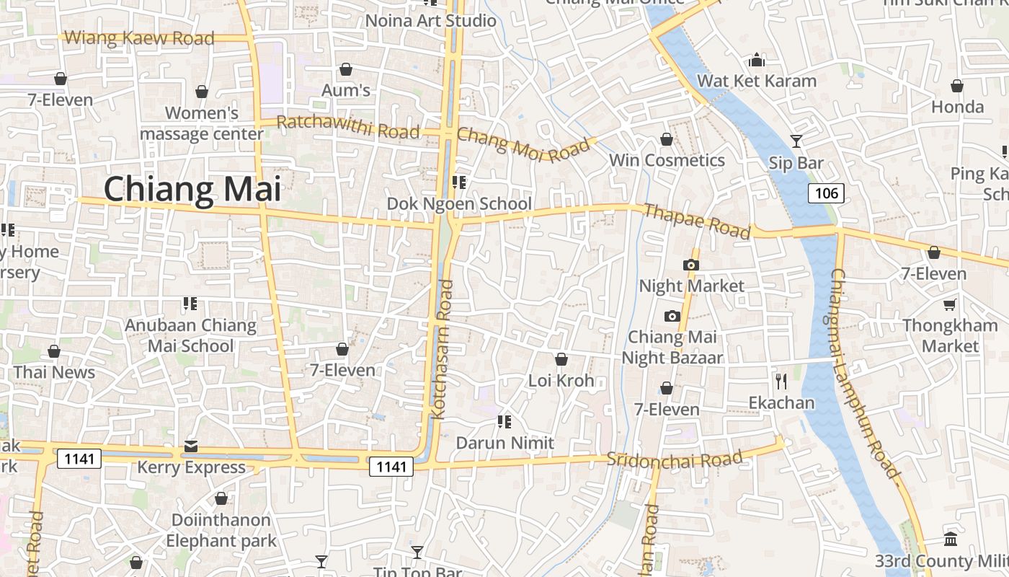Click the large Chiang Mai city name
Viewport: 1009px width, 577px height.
(192, 189)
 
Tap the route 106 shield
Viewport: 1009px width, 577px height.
(825, 193)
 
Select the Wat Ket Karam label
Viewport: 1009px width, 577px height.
(757, 81)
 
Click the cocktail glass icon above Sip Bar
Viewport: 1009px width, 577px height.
(796, 141)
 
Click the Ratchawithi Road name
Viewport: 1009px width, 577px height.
(348, 126)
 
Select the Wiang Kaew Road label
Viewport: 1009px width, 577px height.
(140, 38)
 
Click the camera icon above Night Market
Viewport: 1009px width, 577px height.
(690, 265)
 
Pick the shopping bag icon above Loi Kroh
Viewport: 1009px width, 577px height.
(561, 359)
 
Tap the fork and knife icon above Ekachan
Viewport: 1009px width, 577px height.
(781, 381)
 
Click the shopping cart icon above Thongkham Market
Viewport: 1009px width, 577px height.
(950, 305)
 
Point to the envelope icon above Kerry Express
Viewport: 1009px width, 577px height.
(191, 446)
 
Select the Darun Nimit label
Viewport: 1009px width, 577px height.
(505, 443)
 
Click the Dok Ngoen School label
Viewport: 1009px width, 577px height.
(459, 204)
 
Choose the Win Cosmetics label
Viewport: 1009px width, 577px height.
(667, 160)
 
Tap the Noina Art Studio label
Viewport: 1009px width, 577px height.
(431, 20)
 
